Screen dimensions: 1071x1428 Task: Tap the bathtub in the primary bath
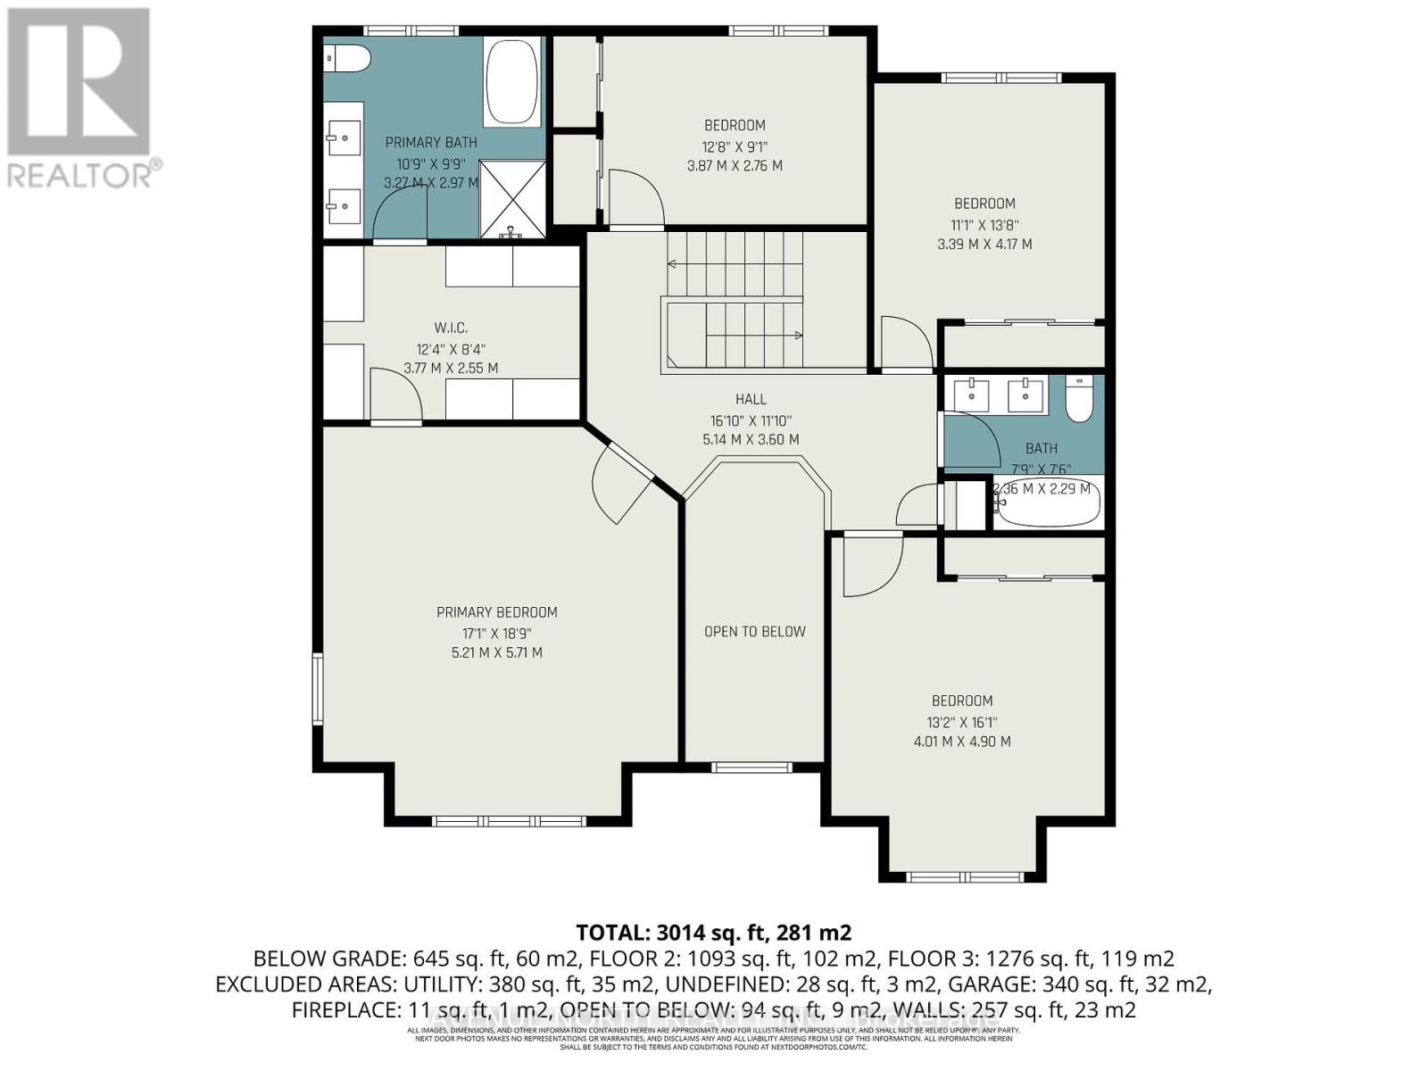512,82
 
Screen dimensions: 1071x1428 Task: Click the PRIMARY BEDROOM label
497,612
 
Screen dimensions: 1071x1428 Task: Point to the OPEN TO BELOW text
755,632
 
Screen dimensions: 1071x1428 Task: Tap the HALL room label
751,399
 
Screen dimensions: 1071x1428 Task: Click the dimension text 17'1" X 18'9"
497,633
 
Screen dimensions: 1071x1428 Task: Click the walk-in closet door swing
394,394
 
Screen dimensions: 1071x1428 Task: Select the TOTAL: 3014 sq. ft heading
714,933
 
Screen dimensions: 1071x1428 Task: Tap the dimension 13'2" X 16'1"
962,722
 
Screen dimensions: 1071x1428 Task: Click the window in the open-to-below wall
751,767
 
